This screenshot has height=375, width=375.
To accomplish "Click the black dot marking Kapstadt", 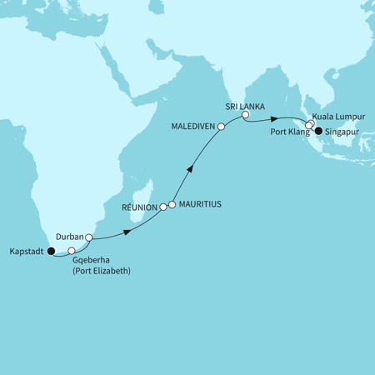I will click(51, 250).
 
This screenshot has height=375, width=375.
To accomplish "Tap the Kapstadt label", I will click(25, 250).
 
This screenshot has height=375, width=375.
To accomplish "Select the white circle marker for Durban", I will click(88, 237).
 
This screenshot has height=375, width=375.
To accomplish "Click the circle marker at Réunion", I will click(163, 207).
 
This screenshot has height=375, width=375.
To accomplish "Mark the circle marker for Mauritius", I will click(172, 203).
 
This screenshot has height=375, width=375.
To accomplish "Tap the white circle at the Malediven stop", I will click(221, 127).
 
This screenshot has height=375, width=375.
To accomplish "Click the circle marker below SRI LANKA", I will click(245, 117).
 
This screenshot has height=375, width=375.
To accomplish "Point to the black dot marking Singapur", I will click(317, 130).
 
